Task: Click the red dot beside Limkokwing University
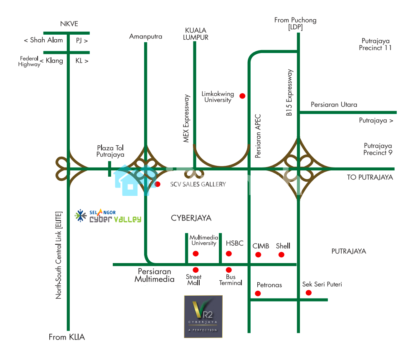click(242, 96)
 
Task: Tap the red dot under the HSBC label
click(229, 254)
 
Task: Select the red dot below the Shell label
click(282, 254)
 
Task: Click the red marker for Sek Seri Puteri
click(309, 293)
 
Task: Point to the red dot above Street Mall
click(195, 270)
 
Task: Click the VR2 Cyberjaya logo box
click(203, 317)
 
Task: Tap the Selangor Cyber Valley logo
click(108, 216)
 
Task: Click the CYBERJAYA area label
click(191, 218)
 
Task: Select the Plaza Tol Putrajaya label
click(110, 151)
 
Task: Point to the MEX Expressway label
click(187, 118)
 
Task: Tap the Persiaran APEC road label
click(258, 136)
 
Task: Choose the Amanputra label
click(146, 36)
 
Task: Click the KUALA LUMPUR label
click(197, 34)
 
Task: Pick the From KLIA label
click(67, 337)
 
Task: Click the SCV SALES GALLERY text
click(198, 184)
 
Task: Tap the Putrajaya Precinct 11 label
click(375, 44)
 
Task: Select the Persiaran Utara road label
click(334, 105)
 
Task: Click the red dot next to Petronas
click(258, 294)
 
